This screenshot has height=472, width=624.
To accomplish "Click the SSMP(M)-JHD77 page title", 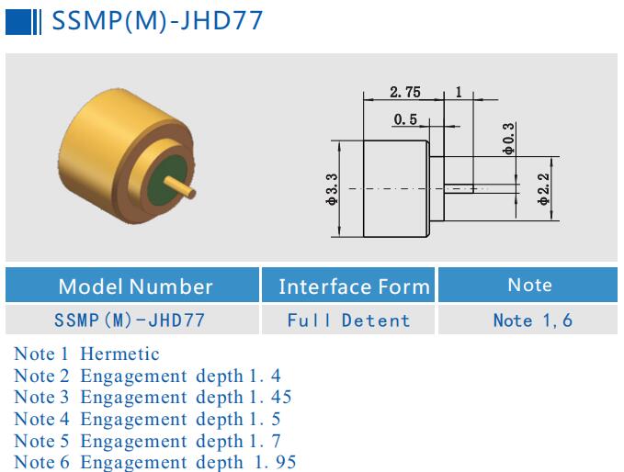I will pos(156,20).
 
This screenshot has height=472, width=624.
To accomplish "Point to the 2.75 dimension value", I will pos(405,92).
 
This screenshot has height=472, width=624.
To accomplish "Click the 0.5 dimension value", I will pos(405,119).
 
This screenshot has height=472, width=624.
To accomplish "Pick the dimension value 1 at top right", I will pos(459,92).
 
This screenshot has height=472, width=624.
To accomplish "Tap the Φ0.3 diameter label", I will pos(508,138).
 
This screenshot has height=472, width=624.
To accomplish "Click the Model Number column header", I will pos(135,286).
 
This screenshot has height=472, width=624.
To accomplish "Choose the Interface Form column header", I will pos(354,287).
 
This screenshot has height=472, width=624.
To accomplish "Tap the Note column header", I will pos(529,285).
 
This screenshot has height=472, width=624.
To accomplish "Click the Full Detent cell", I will pos(348,320).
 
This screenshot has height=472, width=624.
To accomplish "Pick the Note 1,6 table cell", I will pos(532,320).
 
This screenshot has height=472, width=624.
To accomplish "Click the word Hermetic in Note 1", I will pos(119,354).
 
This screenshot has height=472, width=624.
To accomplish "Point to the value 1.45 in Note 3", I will pos(266,398).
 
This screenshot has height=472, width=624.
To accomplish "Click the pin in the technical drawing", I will pos(459,188).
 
